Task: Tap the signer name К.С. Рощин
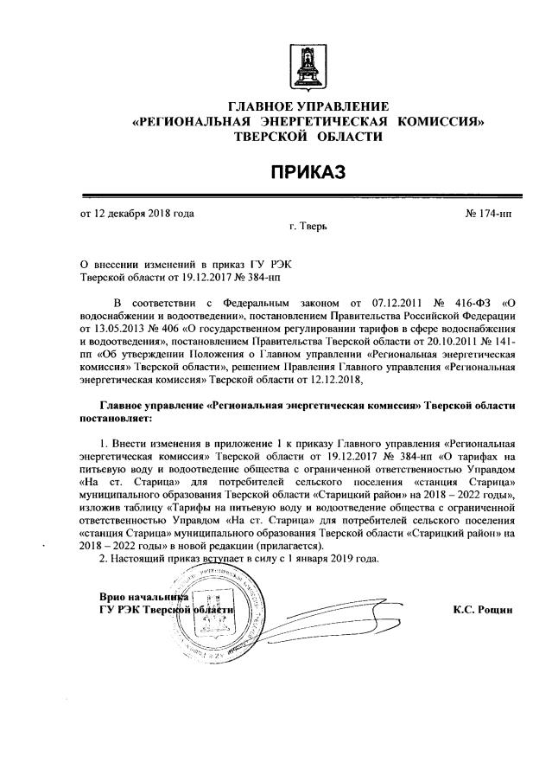click(483, 609)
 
